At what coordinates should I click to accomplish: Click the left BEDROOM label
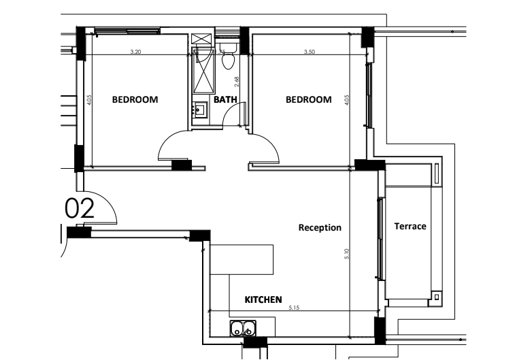135,99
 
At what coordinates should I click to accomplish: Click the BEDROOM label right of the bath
308,99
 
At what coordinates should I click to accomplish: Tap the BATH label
225,99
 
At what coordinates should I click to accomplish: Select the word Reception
320,227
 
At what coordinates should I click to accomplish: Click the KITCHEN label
263,299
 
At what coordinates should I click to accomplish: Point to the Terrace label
410,226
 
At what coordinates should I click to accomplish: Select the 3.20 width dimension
135,52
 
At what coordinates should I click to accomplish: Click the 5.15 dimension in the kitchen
294,308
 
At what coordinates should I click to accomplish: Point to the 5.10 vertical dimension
347,254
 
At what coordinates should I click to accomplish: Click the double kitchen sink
243,329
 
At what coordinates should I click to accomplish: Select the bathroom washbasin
200,109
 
